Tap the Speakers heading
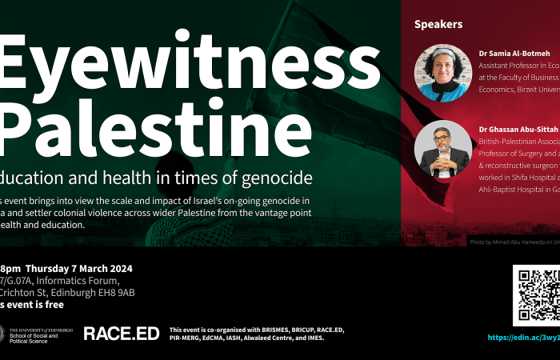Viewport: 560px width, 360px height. coord(438,25)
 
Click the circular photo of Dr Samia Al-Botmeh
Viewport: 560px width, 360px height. coord(442,73)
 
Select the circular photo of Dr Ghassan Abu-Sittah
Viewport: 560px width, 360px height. coord(442,149)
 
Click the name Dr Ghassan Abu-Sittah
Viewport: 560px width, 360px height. coord(518,129)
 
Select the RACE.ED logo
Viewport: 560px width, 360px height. coord(121,333)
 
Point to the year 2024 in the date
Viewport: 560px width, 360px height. coord(117,268)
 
